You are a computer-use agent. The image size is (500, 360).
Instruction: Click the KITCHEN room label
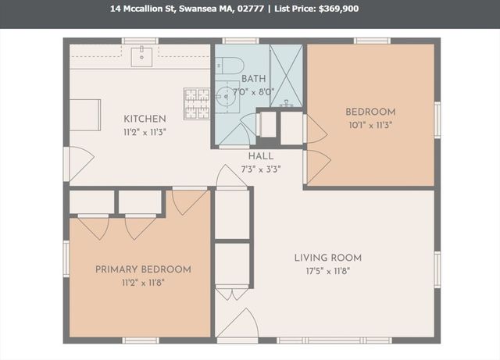click(145, 119)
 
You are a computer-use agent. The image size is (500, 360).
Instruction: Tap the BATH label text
click(253, 79)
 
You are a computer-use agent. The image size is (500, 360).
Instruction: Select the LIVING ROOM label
click(327, 258)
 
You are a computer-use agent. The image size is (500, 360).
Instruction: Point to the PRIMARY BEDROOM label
click(143, 269)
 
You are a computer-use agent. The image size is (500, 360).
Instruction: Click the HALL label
click(261, 156)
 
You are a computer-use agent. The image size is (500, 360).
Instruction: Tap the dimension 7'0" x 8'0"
click(253, 91)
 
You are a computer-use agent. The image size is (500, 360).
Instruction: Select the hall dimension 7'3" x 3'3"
click(261, 168)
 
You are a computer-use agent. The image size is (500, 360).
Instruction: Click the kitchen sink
click(141, 55)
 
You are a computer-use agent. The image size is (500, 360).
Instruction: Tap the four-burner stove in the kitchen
click(197, 102)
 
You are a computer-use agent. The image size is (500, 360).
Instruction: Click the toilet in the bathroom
click(232, 65)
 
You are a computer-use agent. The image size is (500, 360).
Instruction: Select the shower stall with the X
click(286, 75)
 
